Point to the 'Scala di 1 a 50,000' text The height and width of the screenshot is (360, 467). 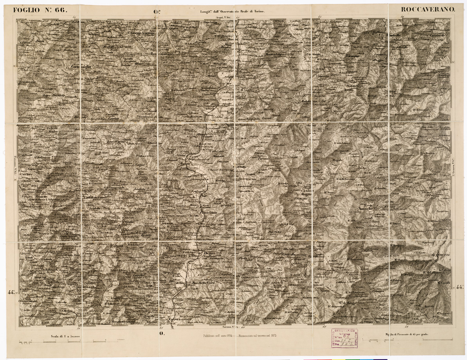click(x=65, y=336)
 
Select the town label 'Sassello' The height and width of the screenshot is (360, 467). click(x=366, y=209)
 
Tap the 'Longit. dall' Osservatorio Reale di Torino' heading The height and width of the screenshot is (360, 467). click(x=233, y=12)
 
